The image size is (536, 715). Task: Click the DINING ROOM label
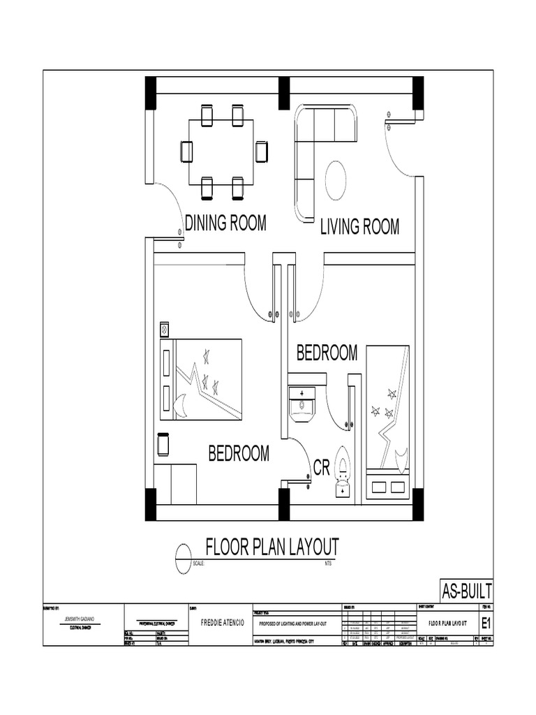point(225,223)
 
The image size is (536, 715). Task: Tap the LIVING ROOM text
point(359,227)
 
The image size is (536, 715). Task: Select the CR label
point(320,469)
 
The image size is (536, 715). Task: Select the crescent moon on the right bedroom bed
point(401,458)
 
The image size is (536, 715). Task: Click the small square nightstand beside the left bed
point(165,328)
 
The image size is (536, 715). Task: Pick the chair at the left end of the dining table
point(186,151)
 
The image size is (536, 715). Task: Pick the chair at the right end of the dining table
point(262,151)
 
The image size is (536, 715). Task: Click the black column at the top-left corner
point(151,92)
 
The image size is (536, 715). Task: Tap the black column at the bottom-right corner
point(418,504)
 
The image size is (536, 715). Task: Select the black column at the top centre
point(284,92)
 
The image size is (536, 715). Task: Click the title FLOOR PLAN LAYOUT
point(271,546)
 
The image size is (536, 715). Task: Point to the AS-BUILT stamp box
point(466,589)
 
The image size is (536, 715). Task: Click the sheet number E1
point(486,622)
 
